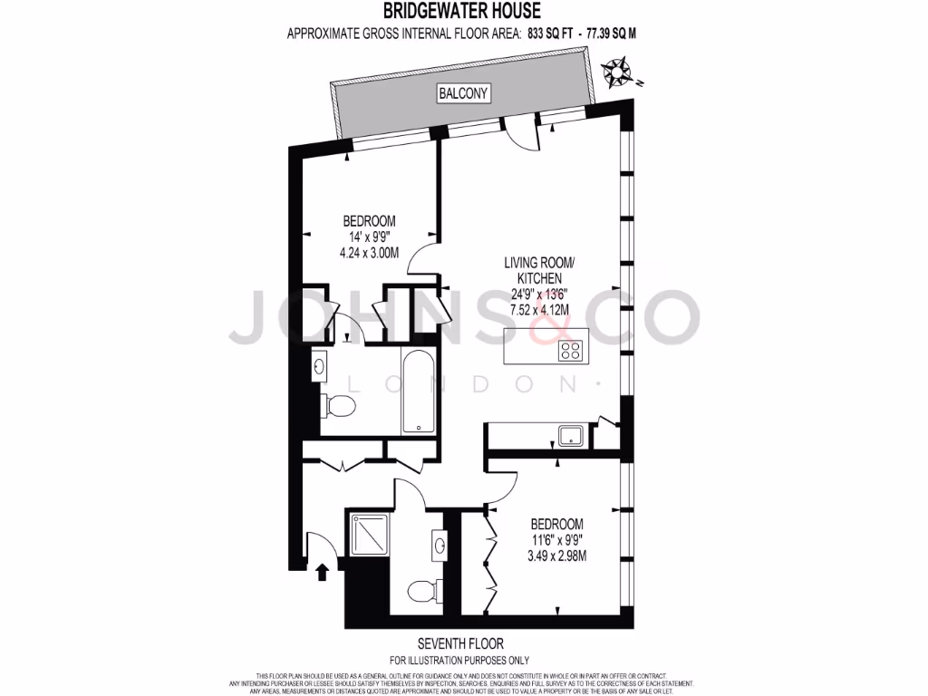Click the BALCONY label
(463, 93)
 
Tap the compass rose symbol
(619, 69)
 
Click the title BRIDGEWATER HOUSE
(463, 12)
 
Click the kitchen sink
(571, 437)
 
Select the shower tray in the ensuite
(367, 530)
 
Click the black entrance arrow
(321, 571)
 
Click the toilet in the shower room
(422, 592)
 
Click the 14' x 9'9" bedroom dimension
(369, 237)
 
